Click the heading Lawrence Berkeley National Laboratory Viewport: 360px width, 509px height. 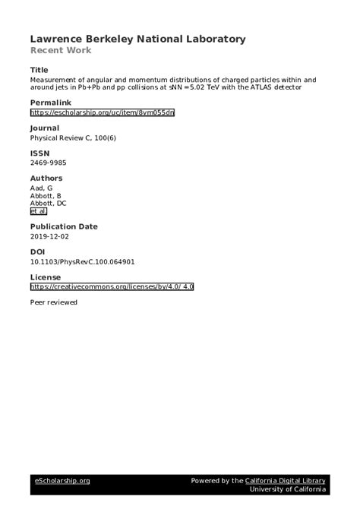(137, 39)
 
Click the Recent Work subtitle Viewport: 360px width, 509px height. (61, 51)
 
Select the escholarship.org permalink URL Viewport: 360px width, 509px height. (103, 112)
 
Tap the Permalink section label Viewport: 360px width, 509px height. (50, 102)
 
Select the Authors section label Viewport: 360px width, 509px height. (46, 179)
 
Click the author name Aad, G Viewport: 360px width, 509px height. (43, 188)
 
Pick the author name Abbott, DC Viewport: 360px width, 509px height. (48, 204)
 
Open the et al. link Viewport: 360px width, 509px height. (38, 212)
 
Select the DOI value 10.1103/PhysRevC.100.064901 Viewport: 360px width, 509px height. (82, 262)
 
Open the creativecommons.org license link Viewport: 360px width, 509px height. (112, 287)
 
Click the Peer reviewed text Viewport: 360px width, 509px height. (53, 302)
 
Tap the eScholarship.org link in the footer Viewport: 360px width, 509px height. (62, 480)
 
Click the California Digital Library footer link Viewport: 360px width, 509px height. (286, 480)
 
